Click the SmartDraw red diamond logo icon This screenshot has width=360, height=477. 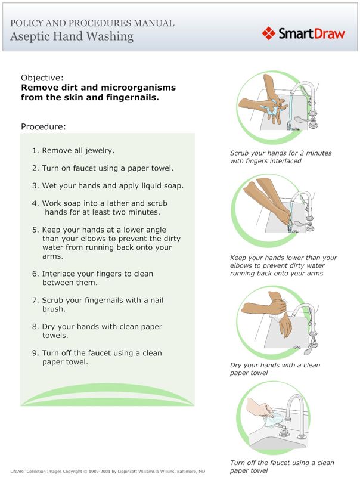pos(269,33)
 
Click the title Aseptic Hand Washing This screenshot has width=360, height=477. pos(72,36)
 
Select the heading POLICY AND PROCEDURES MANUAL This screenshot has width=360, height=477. pos(92,23)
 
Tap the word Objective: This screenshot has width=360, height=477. pos(42,78)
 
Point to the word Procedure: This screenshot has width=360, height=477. pos(43,126)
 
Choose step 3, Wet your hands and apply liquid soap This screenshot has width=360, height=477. pos(107,185)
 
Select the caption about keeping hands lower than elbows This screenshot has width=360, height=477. pos(283,266)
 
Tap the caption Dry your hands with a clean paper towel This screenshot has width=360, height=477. pos(274,369)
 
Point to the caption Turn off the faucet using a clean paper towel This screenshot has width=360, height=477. pos(281,466)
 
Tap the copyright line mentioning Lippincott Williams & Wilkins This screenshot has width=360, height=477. pos(107,471)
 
